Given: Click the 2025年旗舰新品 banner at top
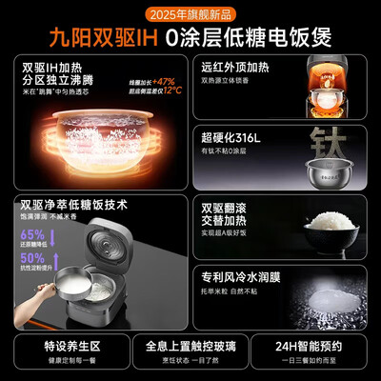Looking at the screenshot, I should coord(190,14).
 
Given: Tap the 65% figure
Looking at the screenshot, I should coord(33,234).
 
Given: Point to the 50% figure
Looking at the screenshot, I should coord(33,258).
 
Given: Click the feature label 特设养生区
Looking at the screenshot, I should coord(65,349).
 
